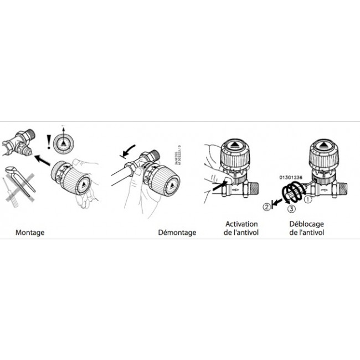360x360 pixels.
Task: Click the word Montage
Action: [30, 233]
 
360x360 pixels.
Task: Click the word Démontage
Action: [177, 233]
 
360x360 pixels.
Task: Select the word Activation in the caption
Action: [241, 224]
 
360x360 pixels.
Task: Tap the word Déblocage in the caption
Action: [307, 224]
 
